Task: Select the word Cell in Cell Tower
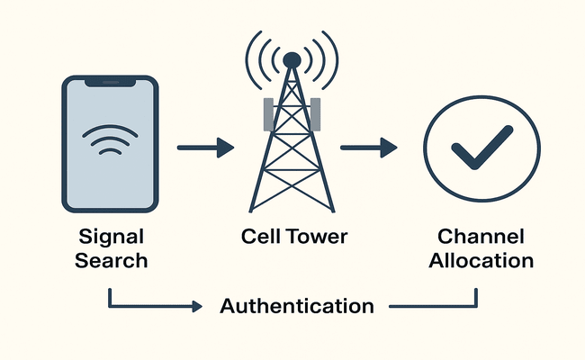click(260, 238)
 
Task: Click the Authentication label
click(297, 305)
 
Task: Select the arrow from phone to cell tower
click(205, 146)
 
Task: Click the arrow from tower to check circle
click(369, 146)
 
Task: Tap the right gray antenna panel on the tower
click(315, 112)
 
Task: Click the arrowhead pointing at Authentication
click(197, 306)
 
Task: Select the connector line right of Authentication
click(432, 306)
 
